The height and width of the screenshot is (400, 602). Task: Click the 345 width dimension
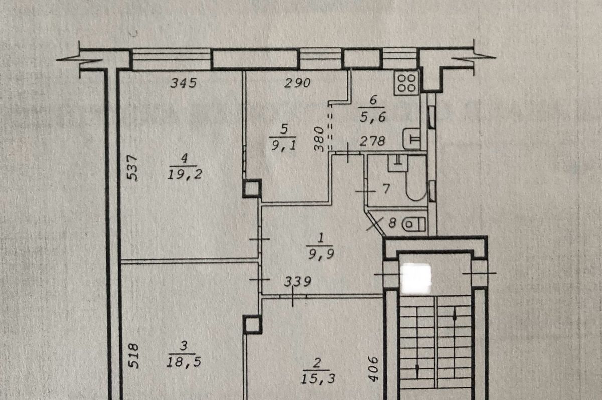pos(183,83)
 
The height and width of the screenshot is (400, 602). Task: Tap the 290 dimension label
pos(297,83)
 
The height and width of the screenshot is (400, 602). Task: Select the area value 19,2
pos(185,175)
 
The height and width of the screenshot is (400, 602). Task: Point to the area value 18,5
pos(184,362)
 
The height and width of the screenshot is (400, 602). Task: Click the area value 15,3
pos(318,379)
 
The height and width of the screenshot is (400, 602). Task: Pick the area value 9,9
pos(321,253)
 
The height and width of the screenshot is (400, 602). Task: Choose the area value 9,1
pos(284,145)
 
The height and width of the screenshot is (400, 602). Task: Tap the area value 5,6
pos(373,117)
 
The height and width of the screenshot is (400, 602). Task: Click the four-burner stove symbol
pos(406,83)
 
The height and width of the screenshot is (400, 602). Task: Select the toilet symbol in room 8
pos(413,224)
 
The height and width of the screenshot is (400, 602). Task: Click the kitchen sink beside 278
pos(411,139)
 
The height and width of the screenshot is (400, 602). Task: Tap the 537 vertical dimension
pos(132,167)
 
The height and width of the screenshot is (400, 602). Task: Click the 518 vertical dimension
pos(133,356)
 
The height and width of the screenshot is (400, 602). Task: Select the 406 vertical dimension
pos(373,369)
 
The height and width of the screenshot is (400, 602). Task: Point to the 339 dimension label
pos(297,281)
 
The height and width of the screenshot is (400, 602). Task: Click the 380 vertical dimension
pos(319,139)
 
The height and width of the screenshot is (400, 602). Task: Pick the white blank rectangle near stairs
pos(416,279)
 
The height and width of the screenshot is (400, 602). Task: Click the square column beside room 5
pos(252,188)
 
